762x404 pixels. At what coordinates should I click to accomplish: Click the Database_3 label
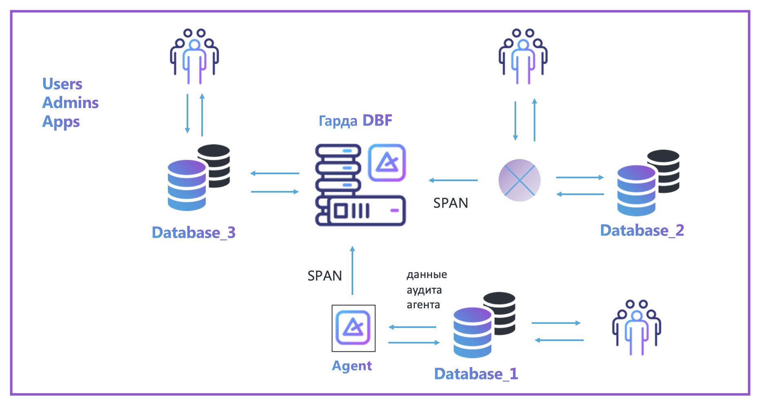[194, 233]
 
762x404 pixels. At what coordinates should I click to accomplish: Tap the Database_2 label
[642, 231]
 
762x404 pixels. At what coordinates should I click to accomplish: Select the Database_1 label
[476, 374]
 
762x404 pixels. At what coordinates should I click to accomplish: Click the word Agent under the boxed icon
[352, 366]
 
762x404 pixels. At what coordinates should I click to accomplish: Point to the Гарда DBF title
[355, 121]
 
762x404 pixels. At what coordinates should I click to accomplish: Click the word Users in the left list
[62, 84]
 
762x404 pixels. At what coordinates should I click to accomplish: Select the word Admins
[71, 103]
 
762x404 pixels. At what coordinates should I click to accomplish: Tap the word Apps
[61, 122]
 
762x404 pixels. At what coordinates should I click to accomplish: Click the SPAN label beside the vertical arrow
[325, 276]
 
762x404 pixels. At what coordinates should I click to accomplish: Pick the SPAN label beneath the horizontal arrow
[450, 203]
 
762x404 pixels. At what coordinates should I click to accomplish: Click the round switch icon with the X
[519, 180]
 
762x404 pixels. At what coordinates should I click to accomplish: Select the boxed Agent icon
[353, 328]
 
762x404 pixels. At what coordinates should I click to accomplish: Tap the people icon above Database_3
[194, 56]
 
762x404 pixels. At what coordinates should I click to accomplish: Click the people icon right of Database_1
[636, 328]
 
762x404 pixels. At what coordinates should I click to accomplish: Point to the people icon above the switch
[523, 56]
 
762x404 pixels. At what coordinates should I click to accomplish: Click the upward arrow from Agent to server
[352, 270]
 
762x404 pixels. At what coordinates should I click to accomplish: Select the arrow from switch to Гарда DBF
[453, 180]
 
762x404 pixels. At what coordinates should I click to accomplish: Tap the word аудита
[424, 290]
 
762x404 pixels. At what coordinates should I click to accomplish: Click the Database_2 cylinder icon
[647, 183]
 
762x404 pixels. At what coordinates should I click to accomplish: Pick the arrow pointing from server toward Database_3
[275, 173]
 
